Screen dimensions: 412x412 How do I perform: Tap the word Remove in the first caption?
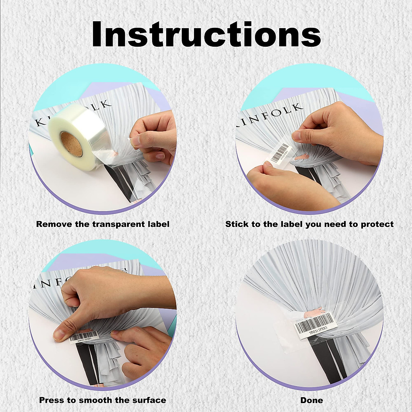click(53, 224)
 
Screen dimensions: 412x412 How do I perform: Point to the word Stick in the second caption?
click(235, 224)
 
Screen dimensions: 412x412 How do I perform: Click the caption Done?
click(311, 390)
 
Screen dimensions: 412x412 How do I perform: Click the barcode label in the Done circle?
click(317, 328)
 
